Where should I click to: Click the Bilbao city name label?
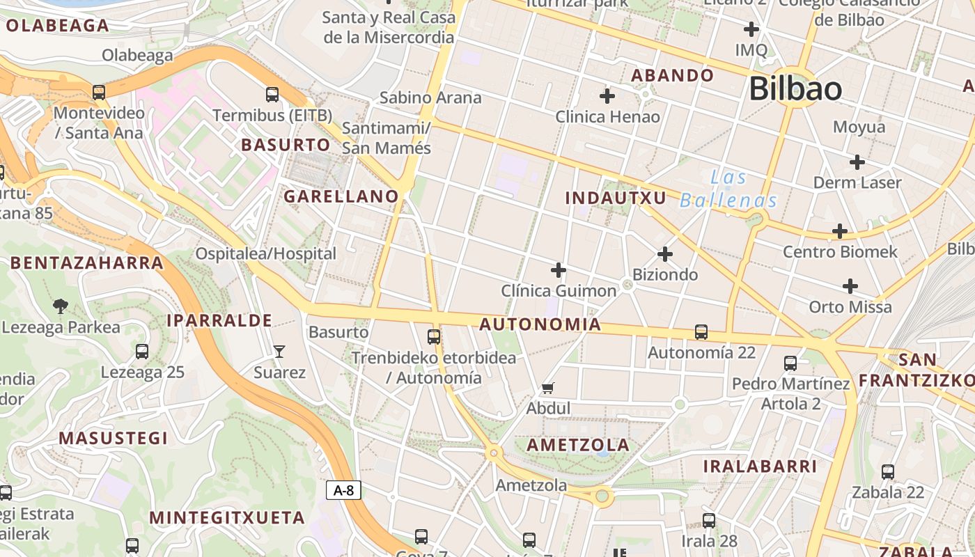pos(795,89)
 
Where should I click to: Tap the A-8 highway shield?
pos(343,490)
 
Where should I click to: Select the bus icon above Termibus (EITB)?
pos(272,94)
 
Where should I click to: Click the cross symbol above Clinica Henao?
pos(607,95)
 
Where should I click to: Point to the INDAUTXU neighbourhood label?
pos(616,198)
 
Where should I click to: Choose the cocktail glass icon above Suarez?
pos(279,351)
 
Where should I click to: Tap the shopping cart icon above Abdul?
pos(548,388)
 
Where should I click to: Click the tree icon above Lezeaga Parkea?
pos(61,306)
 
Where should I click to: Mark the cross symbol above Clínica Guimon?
pos(559,270)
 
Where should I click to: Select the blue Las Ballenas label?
pos(728,189)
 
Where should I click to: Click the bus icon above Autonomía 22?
pos(701,332)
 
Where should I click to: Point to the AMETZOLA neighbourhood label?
pos(578,445)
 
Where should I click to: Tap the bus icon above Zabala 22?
pos(888,471)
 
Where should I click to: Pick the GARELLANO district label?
pos(341,196)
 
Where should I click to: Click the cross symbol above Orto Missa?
pos(850,286)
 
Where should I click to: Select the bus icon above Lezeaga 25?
pos(142,352)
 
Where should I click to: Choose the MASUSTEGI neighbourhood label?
pos(114,438)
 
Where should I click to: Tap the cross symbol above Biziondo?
pos(665,254)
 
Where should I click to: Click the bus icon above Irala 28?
pos(709,520)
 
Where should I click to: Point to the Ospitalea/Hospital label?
pos(266,253)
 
